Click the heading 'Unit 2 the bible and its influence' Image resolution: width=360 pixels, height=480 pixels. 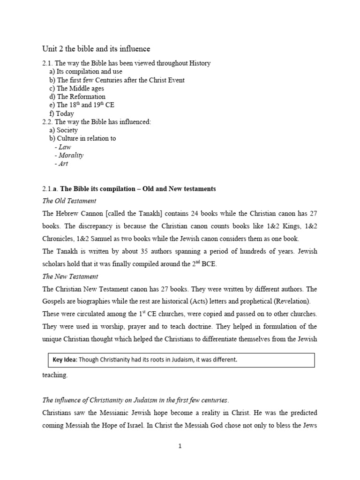coord(96,49)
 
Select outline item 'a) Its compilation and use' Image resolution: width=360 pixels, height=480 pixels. coord(86,71)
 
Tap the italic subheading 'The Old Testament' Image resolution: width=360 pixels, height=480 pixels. coord(69,201)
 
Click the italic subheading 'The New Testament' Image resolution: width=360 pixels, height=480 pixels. coord(70,277)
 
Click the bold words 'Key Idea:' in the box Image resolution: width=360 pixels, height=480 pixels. coord(62,360)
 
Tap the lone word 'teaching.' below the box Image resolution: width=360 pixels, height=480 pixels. coord(55,375)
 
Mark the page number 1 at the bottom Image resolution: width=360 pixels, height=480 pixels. coord(180,446)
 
